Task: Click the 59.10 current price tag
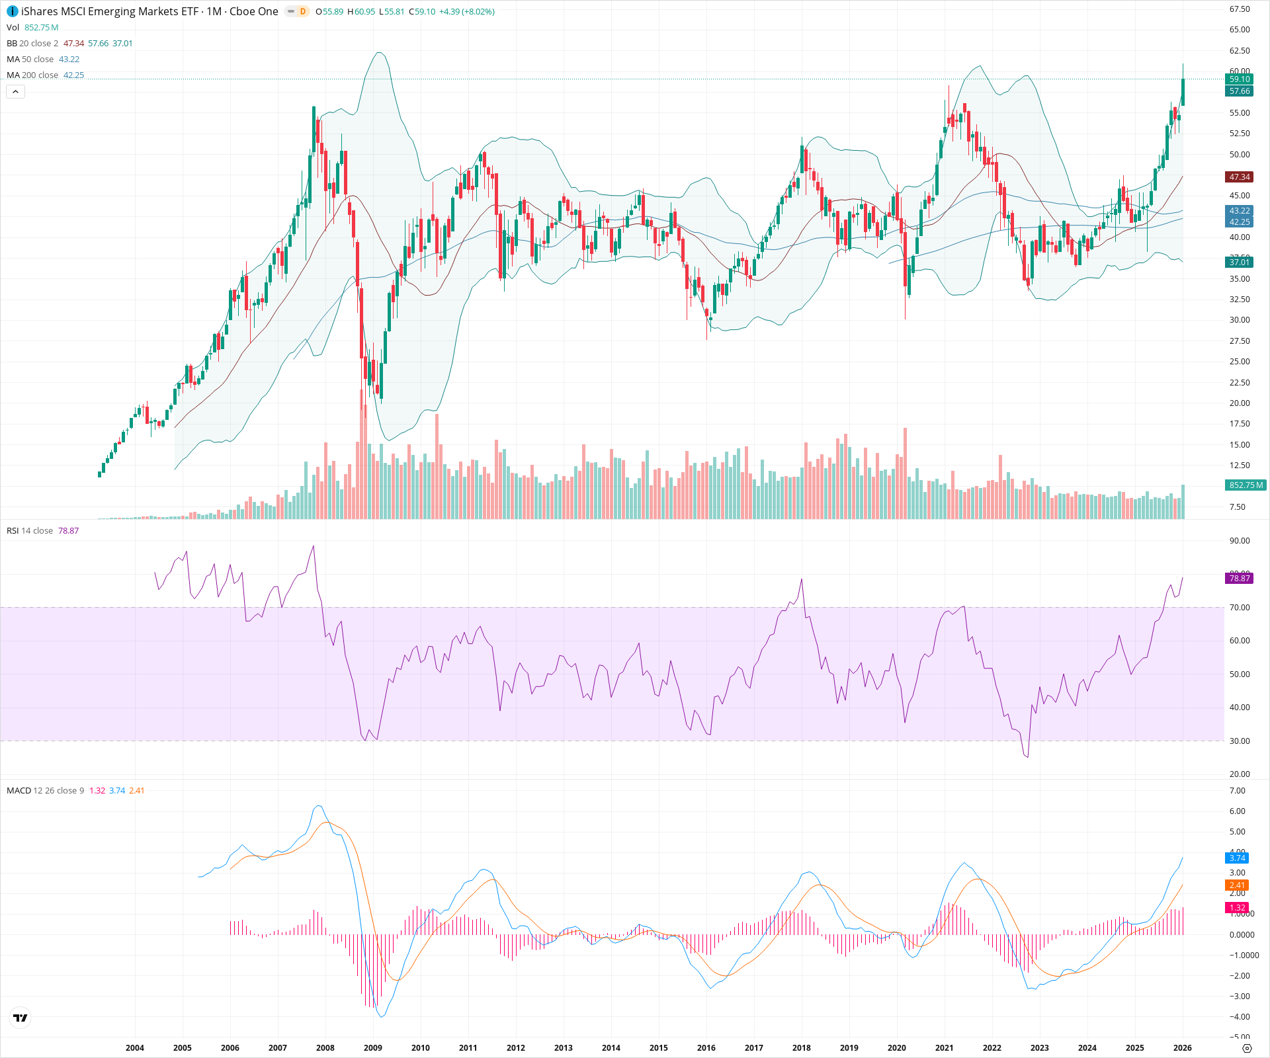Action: click(1239, 79)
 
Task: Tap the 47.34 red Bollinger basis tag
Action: click(1239, 177)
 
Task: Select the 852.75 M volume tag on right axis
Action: click(1246, 485)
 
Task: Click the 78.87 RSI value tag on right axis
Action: click(1239, 579)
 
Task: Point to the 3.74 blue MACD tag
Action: click(1237, 858)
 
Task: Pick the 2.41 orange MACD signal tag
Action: click(1237, 885)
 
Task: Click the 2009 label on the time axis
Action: click(373, 1048)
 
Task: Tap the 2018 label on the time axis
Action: click(801, 1048)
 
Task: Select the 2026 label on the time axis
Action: click(1182, 1048)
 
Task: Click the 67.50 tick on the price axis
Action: click(1239, 9)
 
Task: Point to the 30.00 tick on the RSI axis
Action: click(1239, 741)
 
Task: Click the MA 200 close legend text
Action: click(32, 75)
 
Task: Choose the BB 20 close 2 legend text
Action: click(32, 44)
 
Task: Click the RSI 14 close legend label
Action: click(30, 531)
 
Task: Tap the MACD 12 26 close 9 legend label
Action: click(45, 791)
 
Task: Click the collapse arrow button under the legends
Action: click(15, 92)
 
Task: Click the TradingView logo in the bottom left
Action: click(21, 1018)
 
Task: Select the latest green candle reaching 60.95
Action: click(1183, 91)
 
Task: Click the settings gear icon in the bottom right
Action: click(1247, 1049)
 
